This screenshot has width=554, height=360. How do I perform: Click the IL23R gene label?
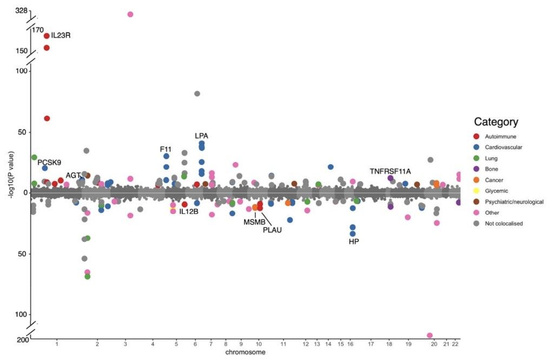click(x=61, y=35)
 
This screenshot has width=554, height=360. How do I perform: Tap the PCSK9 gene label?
click(x=49, y=162)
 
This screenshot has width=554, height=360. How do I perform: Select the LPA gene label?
click(x=201, y=136)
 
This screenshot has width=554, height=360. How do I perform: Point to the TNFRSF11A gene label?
click(x=391, y=171)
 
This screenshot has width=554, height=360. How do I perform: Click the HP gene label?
click(x=354, y=242)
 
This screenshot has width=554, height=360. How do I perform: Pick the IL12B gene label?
click(x=189, y=212)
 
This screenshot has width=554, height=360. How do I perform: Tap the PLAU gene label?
click(x=273, y=230)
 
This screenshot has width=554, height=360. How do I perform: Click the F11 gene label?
click(x=166, y=149)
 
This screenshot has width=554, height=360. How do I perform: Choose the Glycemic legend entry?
click(x=497, y=191)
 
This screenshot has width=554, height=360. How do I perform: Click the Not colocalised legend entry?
click(x=504, y=223)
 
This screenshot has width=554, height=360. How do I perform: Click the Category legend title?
click(x=496, y=122)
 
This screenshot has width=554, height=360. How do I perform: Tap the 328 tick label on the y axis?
click(x=21, y=11)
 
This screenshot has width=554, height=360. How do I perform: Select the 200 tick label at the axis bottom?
click(x=23, y=339)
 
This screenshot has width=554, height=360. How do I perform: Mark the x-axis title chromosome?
click(x=245, y=352)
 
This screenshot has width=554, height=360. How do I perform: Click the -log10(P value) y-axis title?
click(x=12, y=175)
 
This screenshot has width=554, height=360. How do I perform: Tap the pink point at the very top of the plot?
click(x=130, y=15)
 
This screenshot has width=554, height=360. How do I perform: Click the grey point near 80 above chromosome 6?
click(x=197, y=94)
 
